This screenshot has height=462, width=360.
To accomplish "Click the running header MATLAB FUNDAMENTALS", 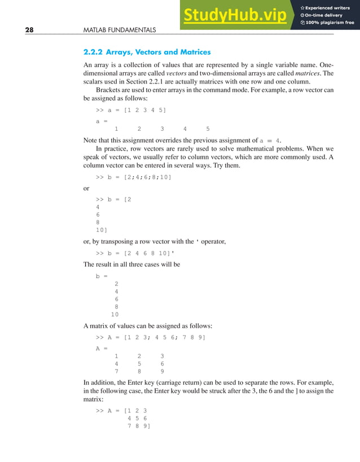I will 119,29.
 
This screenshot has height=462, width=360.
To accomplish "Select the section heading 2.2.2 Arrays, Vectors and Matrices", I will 147,52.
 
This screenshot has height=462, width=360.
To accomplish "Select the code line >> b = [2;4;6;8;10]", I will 133,177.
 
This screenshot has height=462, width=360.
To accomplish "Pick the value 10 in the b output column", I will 115,314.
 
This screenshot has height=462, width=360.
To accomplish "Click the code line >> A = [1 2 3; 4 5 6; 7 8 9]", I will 151,337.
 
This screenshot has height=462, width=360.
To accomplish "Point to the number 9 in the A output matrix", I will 162,372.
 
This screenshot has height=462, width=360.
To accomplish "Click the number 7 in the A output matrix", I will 116,372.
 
